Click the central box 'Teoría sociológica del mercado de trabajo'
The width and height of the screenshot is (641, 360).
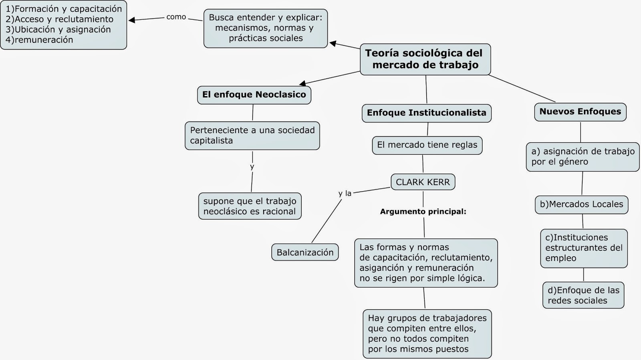point(425,59)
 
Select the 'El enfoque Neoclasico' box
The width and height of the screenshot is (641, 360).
point(254,95)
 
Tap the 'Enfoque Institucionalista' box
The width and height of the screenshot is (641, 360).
point(426,113)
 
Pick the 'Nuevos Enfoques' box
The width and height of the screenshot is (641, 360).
point(580,112)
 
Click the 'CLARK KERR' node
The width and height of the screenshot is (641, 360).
point(423,182)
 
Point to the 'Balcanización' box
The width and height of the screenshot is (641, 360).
point(305,253)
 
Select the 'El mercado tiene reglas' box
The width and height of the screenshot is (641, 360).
point(427,145)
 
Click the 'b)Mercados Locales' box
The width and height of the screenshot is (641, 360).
point(581,204)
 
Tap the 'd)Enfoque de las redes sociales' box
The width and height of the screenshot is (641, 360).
point(583,295)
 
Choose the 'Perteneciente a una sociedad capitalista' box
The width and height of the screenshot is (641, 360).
point(252,136)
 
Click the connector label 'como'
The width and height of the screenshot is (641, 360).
point(176,17)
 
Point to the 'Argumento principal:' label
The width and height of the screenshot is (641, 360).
point(423,212)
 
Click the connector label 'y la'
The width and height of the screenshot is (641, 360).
point(345,194)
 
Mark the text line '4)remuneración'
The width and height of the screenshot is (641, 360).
point(39,40)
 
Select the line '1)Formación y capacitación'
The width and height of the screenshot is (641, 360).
point(64,9)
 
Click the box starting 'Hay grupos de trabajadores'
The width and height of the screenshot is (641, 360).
point(427,334)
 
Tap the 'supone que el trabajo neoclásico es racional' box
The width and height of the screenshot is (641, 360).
point(250,206)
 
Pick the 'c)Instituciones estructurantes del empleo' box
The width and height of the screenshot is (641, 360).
point(584,248)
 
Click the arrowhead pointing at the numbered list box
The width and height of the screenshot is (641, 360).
point(131,20)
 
